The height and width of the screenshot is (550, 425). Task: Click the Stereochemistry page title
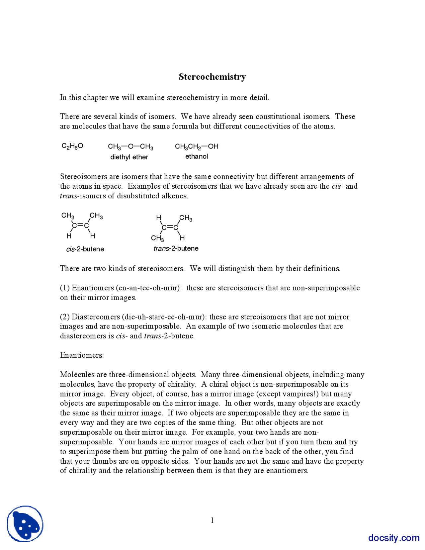(x=212, y=77)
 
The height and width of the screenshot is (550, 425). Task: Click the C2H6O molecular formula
(x=72, y=146)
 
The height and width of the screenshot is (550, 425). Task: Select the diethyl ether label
(x=129, y=157)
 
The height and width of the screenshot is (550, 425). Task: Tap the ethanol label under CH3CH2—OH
(x=197, y=156)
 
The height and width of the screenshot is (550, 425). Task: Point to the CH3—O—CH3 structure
(x=130, y=146)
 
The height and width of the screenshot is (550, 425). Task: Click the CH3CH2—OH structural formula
(x=197, y=146)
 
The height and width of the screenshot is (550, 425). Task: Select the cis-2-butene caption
(x=85, y=249)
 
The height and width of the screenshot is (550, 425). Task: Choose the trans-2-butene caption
(x=176, y=248)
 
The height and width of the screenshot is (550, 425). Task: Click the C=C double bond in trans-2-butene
(x=170, y=228)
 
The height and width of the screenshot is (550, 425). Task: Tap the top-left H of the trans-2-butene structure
(x=159, y=218)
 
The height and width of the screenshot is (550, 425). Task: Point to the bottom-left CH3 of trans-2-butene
(x=157, y=238)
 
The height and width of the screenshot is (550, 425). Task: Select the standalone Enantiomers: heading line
(x=82, y=355)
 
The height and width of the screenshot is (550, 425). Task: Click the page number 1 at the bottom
(x=212, y=520)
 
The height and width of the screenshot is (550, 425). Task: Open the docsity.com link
(x=394, y=538)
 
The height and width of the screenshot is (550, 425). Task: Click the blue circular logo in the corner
(x=25, y=524)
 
